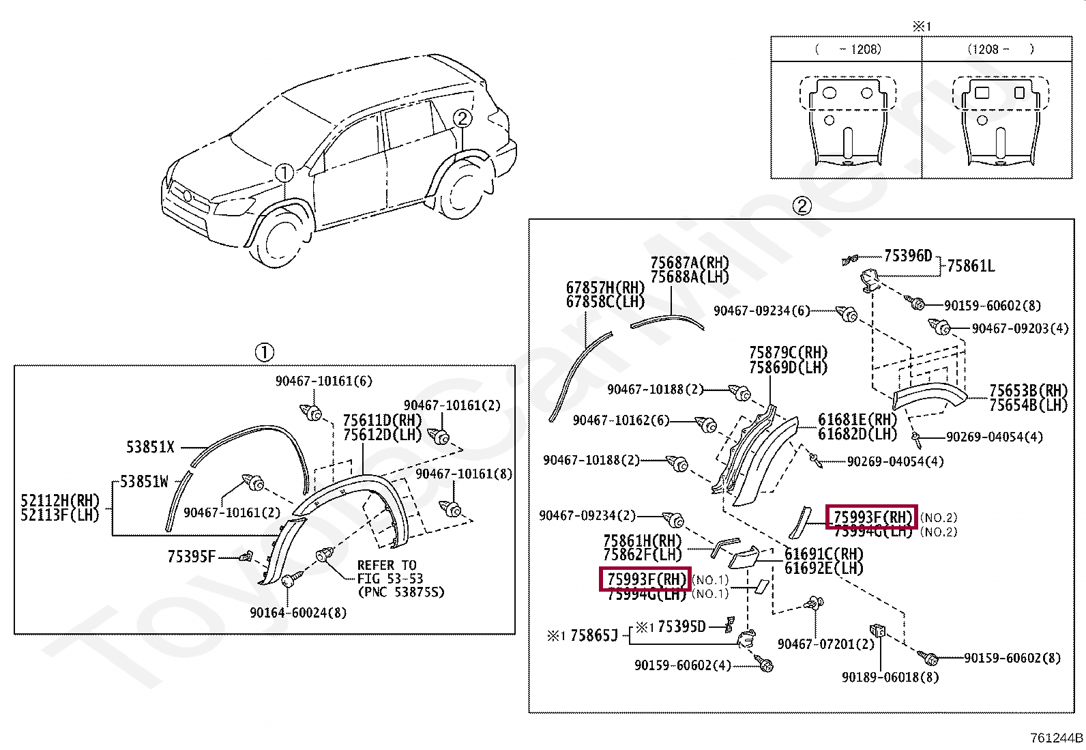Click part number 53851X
pos(150,447)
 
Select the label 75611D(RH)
pos(382,420)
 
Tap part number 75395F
pos(191,557)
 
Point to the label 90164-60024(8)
pos(298,613)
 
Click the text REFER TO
pos(387,565)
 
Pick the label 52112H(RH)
pos(60,500)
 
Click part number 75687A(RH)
pos(689,263)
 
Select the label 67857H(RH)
pos(605,288)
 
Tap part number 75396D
pos(908,256)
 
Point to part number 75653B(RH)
pos(1028,390)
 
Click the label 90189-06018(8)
pos(890,677)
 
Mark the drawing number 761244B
pos(1057,738)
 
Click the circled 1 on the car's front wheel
pos(284,173)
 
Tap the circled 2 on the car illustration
pos(462,119)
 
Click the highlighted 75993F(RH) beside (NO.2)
pos(872,517)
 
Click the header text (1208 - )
pos(1000,48)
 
